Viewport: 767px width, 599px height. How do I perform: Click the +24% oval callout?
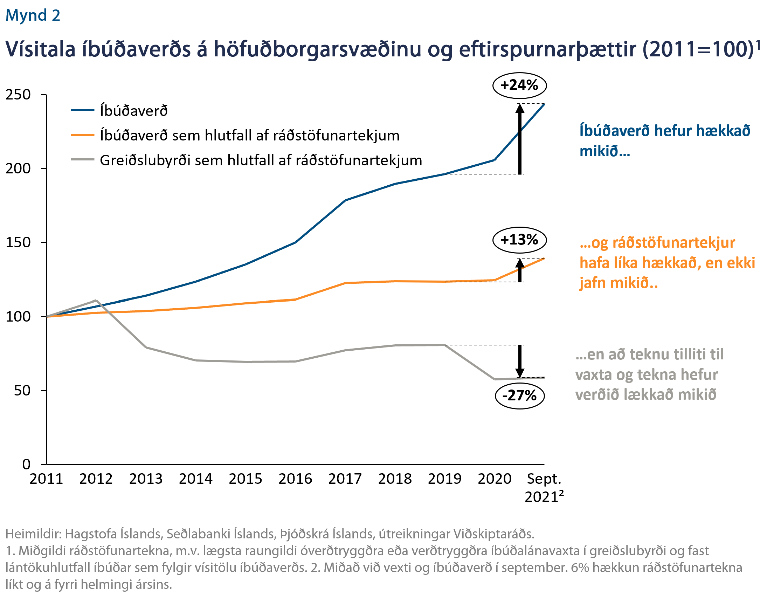coord(519,85)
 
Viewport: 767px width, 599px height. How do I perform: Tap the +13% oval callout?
coord(519,240)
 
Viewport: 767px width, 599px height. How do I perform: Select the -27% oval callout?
coord(519,395)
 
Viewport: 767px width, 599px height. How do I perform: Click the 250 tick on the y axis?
coord(18,95)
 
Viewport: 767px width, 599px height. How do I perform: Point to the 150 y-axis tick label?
coord(18,242)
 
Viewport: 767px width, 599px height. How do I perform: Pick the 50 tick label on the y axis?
coord(22,390)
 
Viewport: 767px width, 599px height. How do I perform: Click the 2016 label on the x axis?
coord(295,479)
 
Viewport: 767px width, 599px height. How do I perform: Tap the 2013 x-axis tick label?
coord(146,479)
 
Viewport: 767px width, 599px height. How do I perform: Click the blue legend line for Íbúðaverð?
coord(83,110)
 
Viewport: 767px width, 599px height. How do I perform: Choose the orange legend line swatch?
coord(83,135)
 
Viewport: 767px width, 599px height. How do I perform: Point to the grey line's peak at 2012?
coord(96,301)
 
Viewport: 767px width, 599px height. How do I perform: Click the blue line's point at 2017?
coord(345,201)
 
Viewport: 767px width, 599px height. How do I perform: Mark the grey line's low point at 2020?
coord(495,379)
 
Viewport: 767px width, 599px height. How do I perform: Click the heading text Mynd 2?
coord(33,15)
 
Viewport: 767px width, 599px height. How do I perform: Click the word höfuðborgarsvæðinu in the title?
coord(317,49)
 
